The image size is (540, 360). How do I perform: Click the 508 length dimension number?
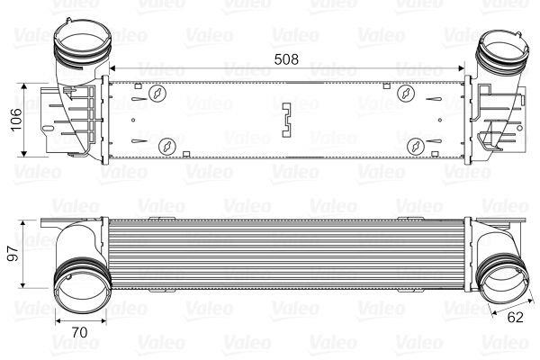coord(286,59)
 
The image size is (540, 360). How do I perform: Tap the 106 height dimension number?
coord(16,120)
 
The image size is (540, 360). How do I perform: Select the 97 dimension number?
coord(13,254)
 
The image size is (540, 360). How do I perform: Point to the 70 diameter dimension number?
coord(79,332)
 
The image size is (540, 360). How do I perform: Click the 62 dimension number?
coord(515,318)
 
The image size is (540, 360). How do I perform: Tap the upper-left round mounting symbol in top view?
coord(157,93)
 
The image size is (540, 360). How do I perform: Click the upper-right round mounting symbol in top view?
coord(406,93)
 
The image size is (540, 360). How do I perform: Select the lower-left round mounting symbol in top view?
coord(167,147)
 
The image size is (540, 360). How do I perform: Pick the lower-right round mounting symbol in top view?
coord(416,147)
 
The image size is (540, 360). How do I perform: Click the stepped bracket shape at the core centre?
coord(287,120)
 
